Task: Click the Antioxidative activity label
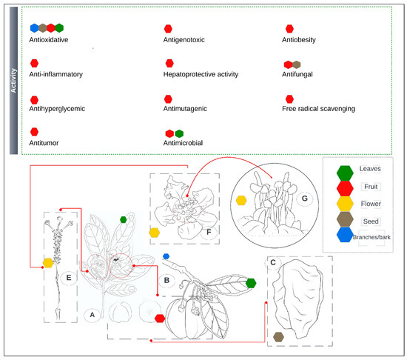pyautogui.click(x=49, y=40)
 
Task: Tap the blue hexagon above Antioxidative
pyautogui.click(x=35, y=28)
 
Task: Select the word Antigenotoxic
pyautogui.click(x=184, y=40)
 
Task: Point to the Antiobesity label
pyautogui.click(x=299, y=40)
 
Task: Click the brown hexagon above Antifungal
pyautogui.click(x=297, y=64)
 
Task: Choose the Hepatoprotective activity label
pyautogui.click(x=201, y=74)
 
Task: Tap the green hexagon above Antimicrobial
pyautogui.click(x=179, y=134)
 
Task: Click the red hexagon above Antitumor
pyautogui.click(x=34, y=132)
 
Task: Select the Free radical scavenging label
pyautogui.click(x=318, y=109)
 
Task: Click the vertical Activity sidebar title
pyautogui.click(x=13, y=81)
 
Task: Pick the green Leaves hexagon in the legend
pyautogui.click(x=345, y=173)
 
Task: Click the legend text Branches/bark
pyautogui.click(x=371, y=237)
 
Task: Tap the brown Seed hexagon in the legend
pyautogui.click(x=345, y=219)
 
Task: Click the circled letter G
pyautogui.click(x=305, y=199)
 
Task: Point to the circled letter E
pyautogui.click(x=69, y=278)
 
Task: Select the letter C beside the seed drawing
pyautogui.click(x=273, y=263)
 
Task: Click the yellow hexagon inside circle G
pyautogui.click(x=241, y=200)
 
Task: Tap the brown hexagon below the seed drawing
pyautogui.click(x=278, y=337)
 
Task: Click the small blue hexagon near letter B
pyautogui.click(x=166, y=256)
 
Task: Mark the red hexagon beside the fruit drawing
pyautogui.click(x=160, y=319)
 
